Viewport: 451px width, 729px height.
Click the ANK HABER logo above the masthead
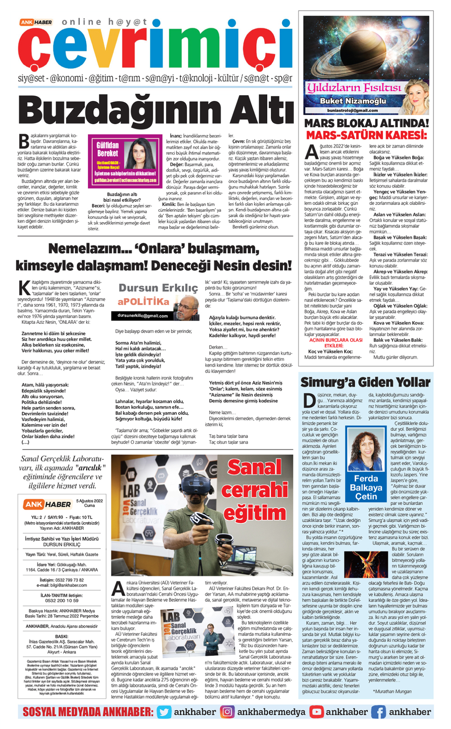click(x=36, y=22)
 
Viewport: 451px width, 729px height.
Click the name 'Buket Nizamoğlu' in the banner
click(x=353, y=101)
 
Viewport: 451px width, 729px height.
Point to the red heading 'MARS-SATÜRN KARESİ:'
click(x=366, y=135)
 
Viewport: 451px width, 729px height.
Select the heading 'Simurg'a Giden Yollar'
click(x=365, y=382)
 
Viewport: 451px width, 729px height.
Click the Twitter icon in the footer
click(x=164, y=712)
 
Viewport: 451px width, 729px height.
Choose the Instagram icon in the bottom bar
click(x=227, y=712)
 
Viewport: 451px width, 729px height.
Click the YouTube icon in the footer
click(x=316, y=712)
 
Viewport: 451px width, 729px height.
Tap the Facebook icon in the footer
click(x=378, y=712)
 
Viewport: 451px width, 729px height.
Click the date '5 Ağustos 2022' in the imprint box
click(x=89, y=501)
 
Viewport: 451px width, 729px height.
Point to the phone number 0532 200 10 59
click(x=62, y=600)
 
